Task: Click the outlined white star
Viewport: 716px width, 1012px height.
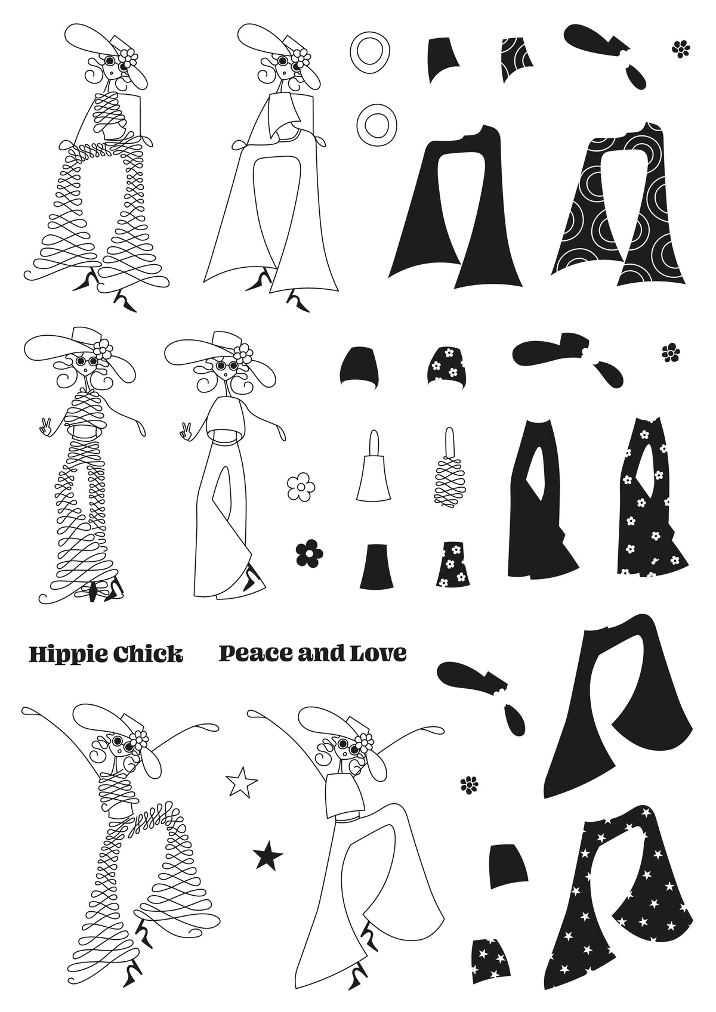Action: point(242,782)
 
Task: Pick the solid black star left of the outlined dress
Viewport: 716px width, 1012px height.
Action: point(268,855)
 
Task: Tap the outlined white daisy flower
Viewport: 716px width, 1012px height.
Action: point(301,487)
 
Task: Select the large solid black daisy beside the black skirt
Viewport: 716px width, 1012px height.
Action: point(310,552)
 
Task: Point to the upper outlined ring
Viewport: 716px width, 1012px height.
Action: point(370,53)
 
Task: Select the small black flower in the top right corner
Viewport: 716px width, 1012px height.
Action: point(681,49)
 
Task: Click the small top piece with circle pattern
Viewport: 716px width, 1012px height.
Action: point(516,60)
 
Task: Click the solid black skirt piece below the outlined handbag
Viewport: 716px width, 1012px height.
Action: point(376,567)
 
